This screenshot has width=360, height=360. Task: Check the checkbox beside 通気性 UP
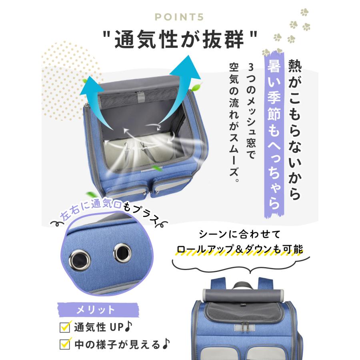coord(64,327)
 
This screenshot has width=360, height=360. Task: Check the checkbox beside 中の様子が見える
coord(64,344)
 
